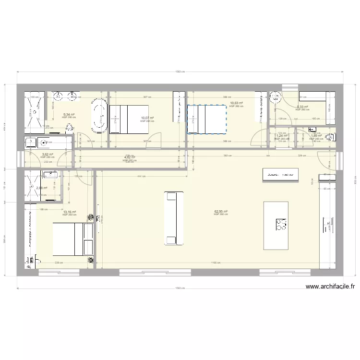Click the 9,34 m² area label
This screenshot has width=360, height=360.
(x=68, y=114)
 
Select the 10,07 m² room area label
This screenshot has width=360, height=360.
(x=147, y=118)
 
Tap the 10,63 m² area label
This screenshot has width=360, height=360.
(x=236, y=103)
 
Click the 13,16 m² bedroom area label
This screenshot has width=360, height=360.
(x=70, y=211)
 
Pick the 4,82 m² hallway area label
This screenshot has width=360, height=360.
(x=130, y=157)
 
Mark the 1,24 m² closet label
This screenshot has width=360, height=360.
(x=281, y=135)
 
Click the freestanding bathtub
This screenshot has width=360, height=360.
(x=99, y=115)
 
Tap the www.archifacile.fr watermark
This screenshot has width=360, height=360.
(x=331, y=287)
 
